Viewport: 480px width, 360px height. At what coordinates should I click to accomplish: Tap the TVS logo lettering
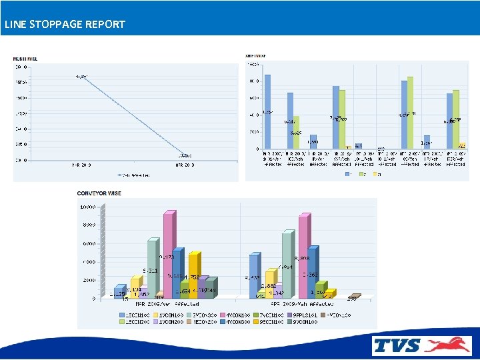point(397,345)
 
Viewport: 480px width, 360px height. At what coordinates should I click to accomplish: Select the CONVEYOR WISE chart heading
point(99,193)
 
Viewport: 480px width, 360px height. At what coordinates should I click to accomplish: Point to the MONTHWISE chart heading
point(25,59)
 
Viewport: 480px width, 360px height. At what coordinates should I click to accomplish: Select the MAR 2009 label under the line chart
point(82,165)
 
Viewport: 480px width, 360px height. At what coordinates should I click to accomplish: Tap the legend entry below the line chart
point(133,175)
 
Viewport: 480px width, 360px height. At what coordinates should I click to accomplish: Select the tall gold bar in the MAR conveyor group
point(193,275)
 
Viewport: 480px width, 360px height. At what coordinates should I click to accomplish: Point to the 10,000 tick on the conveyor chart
point(88,207)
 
